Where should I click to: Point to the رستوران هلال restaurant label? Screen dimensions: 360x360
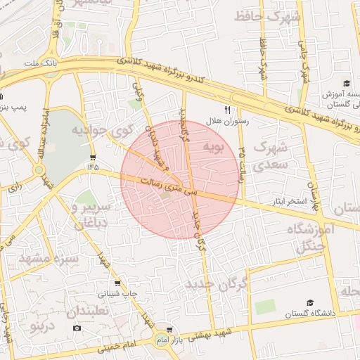(x=223, y=122)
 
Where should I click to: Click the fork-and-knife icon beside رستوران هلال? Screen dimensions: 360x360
(x=226, y=110)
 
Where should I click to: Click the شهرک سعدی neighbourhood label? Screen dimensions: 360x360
(x=269, y=155)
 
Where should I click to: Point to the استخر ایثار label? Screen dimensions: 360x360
(x=290, y=202)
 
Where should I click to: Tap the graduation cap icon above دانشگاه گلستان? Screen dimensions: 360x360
(x=309, y=302)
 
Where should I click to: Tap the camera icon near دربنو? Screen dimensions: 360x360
(x=77, y=328)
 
